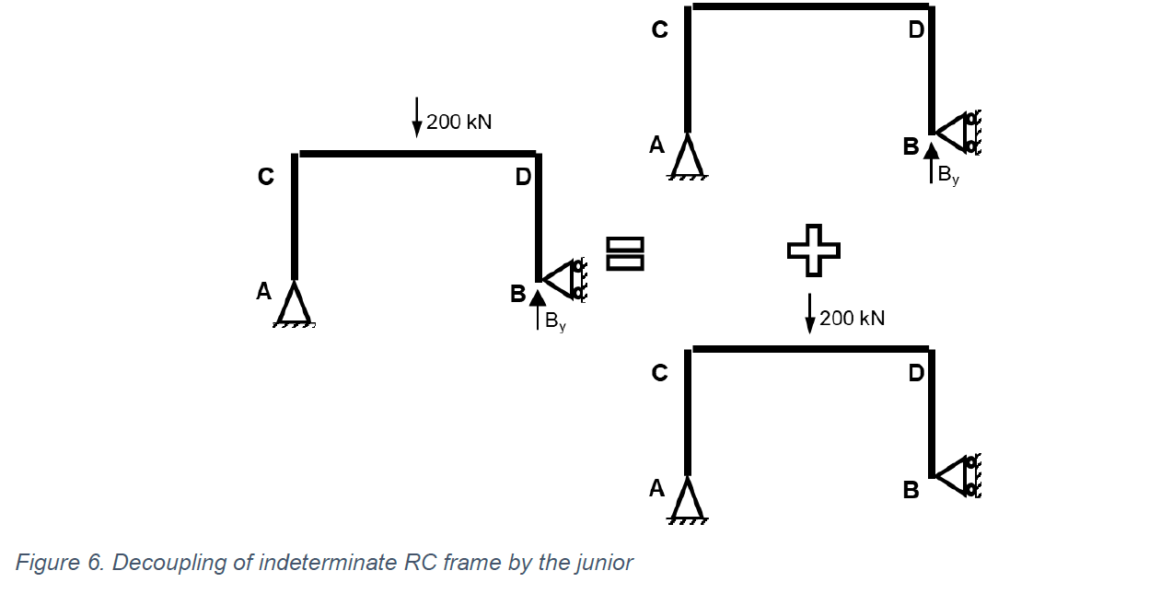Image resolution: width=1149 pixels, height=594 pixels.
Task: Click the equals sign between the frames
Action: pos(624,253)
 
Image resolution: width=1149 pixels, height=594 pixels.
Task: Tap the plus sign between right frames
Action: pos(814,250)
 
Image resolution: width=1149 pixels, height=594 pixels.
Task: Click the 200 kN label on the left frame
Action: pos(458,122)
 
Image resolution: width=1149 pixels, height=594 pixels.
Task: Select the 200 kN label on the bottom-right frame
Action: pos(852,319)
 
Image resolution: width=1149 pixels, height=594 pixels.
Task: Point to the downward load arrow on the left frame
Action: pos(417,116)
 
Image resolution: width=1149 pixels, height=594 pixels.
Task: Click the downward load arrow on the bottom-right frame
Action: pos(810,313)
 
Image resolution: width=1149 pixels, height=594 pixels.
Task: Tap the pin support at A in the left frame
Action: pos(294,304)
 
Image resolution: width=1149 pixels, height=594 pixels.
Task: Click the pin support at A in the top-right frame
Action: pos(688,157)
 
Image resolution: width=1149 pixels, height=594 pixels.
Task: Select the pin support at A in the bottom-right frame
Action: pos(688,500)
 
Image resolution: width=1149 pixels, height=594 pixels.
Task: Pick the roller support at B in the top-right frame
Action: pos(957,133)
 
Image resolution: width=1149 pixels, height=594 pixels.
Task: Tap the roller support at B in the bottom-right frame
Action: pos(957,476)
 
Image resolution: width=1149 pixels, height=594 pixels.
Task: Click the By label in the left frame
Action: pos(555,321)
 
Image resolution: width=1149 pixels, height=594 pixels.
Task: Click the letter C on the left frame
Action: pos(266,177)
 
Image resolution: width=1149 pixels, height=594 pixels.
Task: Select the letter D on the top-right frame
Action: pos(916,30)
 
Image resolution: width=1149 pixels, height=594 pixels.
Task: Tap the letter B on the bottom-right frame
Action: pos(911,491)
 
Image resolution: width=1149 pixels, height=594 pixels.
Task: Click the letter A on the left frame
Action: pos(264,292)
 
